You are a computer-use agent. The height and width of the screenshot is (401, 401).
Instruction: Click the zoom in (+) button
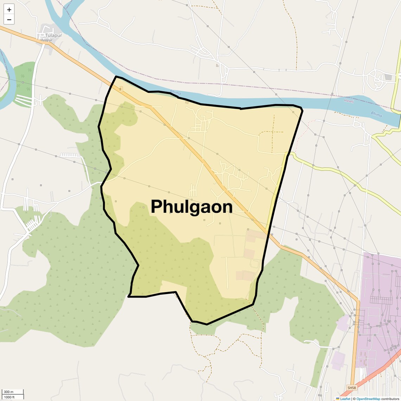coord(9,9)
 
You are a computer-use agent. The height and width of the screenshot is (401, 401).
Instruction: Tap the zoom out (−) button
coord(9,20)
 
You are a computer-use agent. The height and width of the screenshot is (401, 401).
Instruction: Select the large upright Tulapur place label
coord(53,36)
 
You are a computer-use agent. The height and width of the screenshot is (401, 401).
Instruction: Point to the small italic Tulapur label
coord(46,40)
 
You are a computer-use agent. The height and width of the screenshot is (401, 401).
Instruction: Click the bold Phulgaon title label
coord(192,207)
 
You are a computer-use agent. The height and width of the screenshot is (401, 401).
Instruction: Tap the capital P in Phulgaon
coord(157,207)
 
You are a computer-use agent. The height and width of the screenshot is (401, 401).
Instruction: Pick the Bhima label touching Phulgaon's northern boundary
coord(175,93)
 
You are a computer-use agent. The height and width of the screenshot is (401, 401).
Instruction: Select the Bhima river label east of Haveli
coord(376,114)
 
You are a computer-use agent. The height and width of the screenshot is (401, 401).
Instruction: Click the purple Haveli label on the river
coord(349,101)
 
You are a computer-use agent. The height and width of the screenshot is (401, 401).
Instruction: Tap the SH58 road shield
coord(351,388)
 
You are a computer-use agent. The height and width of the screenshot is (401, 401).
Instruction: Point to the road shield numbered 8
coord(120,89)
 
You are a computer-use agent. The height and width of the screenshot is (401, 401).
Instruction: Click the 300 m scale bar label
coord(8,392)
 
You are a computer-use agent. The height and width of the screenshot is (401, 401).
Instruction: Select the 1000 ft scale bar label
coord(9,397)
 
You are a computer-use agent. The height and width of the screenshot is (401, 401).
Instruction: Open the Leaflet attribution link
coord(345,399)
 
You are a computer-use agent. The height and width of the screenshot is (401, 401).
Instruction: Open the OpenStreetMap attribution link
coord(368,399)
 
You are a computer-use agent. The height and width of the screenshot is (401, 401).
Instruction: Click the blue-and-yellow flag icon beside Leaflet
coord(338,399)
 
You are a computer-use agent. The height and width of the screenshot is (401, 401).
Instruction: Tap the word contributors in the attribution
coord(390,399)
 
